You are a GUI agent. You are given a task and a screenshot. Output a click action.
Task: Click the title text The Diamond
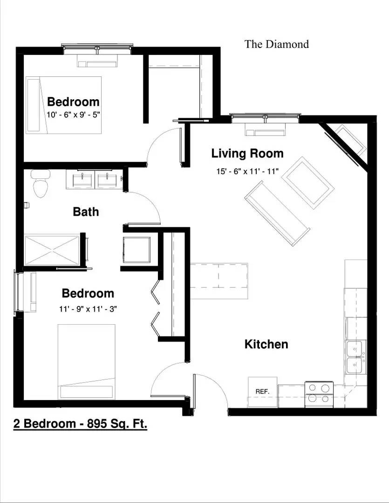coord(277,44)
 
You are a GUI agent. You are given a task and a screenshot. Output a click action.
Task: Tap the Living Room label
coord(247,153)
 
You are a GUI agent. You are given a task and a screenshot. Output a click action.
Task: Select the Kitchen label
coord(266,344)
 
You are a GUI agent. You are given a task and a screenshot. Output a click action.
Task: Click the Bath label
coord(86,212)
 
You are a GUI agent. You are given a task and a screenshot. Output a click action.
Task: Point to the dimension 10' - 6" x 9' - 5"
coord(74,114)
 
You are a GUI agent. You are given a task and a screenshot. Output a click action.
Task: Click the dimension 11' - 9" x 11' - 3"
coord(88,308)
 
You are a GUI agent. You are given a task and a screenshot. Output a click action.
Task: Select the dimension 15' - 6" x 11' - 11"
coord(247,171)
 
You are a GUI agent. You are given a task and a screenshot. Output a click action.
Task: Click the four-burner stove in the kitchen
coord(319,394)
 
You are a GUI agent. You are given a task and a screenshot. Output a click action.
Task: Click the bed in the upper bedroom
coord(63,105)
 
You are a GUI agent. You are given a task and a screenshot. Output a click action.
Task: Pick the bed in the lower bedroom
coord(86,361)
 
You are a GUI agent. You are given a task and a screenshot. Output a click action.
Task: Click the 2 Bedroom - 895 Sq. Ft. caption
coord(80,424)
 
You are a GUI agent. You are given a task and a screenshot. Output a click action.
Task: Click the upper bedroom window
coord(98,48)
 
